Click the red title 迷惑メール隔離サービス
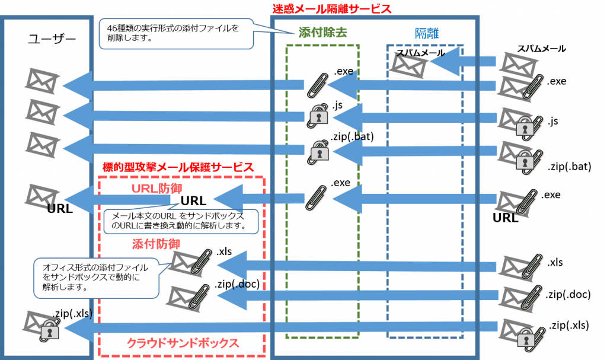(x=331, y=9)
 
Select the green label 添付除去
(x=322, y=34)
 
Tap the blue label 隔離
(x=426, y=34)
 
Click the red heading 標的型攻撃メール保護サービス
(x=178, y=167)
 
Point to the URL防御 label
(x=156, y=189)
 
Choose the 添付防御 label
(x=156, y=244)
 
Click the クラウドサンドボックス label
(x=183, y=343)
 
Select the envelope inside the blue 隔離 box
(x=410, y=65)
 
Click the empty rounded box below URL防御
(x=181, y=221)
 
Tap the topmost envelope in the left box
(x=41, y=81)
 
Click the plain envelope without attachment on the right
(x=519, y=64)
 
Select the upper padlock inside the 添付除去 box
(x=319, y=116)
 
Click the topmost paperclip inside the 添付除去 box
(x=318, y=85)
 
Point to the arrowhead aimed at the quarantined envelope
(x=445, y=62)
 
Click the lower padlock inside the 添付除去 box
(x=319, y=151)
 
